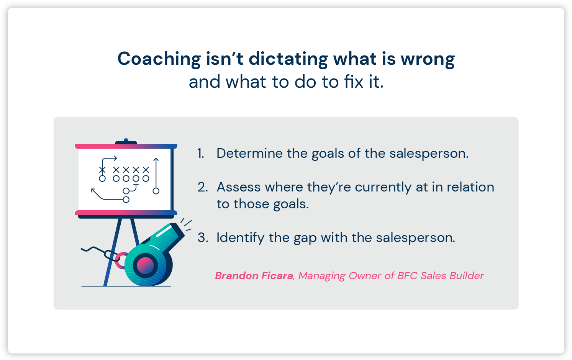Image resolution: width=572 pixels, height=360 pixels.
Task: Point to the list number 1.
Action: point(201,154)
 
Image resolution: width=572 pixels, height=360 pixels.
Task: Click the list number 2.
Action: point(203,187)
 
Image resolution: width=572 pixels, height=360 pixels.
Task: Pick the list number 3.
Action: point(203,238)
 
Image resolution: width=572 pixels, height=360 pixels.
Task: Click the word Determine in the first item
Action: point(249,154)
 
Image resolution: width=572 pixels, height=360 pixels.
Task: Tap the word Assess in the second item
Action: point(239,187)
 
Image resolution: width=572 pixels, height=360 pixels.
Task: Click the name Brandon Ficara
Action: point(254,276)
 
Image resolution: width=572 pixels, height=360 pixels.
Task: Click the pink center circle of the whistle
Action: point(145,265)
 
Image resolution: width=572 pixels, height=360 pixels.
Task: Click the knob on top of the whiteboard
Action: point(126,141)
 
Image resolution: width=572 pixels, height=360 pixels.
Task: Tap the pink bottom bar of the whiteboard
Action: point(126,213)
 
